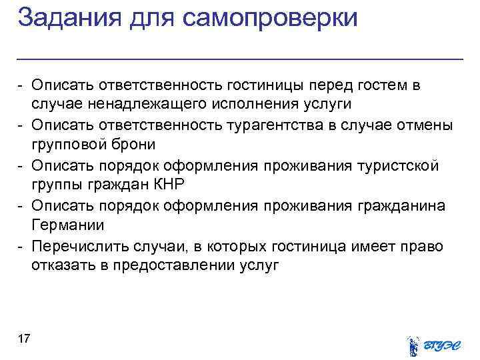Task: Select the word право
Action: pos(421,246)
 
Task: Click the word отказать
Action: pos(57,265)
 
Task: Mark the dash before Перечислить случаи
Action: pos(21,246)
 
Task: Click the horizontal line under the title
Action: pos(240,59)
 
